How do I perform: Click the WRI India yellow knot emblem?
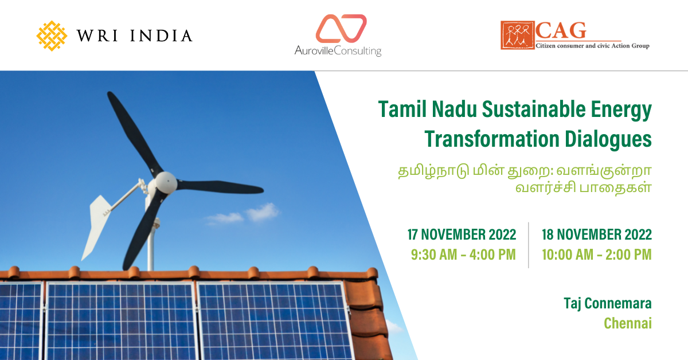(x=52, y=36)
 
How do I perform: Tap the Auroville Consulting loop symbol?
(x=341, y=29)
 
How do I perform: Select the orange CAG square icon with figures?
(x=518, y=35)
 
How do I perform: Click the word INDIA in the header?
(x=162, y=36)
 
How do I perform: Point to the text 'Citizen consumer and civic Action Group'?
(x=592, y=46)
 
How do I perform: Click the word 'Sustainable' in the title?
(x=534, y=109)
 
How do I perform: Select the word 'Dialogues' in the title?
(x=608, y=139)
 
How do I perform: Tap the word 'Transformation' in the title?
(x=492, y=139)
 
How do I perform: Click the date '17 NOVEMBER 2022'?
(x=462, y=234)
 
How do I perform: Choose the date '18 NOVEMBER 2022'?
(x=596, y=234)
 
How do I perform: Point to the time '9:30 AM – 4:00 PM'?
(x=463, y=255)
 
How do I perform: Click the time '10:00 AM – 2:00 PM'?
(x=596, y=255)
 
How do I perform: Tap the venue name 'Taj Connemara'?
(x=608, y=303)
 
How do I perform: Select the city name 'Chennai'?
(x=628, y=323)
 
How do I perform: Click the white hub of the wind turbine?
(x=166, y=182)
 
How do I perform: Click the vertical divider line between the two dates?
(x=529, y=245)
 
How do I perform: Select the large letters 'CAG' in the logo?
(x=561, y=30)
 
